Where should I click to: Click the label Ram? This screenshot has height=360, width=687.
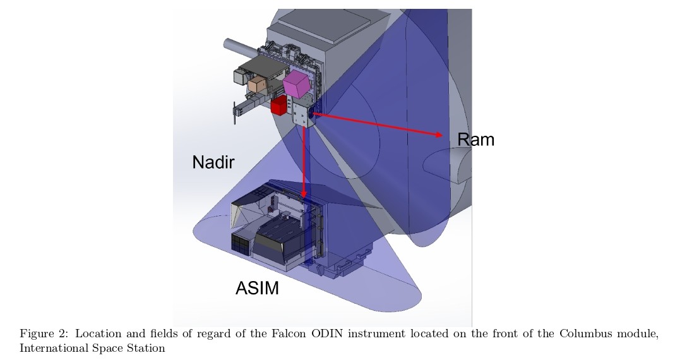click(475, 140)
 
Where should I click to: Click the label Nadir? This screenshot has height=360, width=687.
click(213, 162)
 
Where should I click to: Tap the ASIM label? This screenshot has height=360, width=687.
click(257, 289)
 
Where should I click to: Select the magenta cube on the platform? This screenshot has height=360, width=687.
click(297, 83)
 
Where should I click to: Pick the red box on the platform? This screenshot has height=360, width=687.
click(278, 106)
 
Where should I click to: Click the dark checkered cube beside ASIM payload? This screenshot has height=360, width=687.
click(240, 244)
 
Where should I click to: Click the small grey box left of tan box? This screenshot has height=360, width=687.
click(241, 76)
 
